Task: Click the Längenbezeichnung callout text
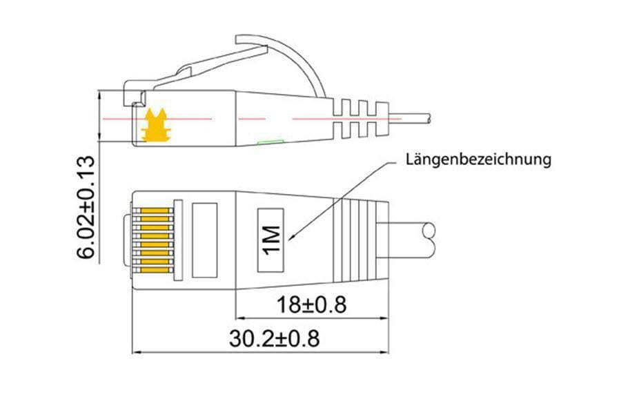478,160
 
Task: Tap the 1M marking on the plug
271,240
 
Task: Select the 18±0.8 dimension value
311,304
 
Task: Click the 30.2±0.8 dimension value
275,338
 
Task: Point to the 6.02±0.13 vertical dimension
86,207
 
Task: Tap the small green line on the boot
270,142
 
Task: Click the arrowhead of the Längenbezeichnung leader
291,239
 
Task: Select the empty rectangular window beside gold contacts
204,240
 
